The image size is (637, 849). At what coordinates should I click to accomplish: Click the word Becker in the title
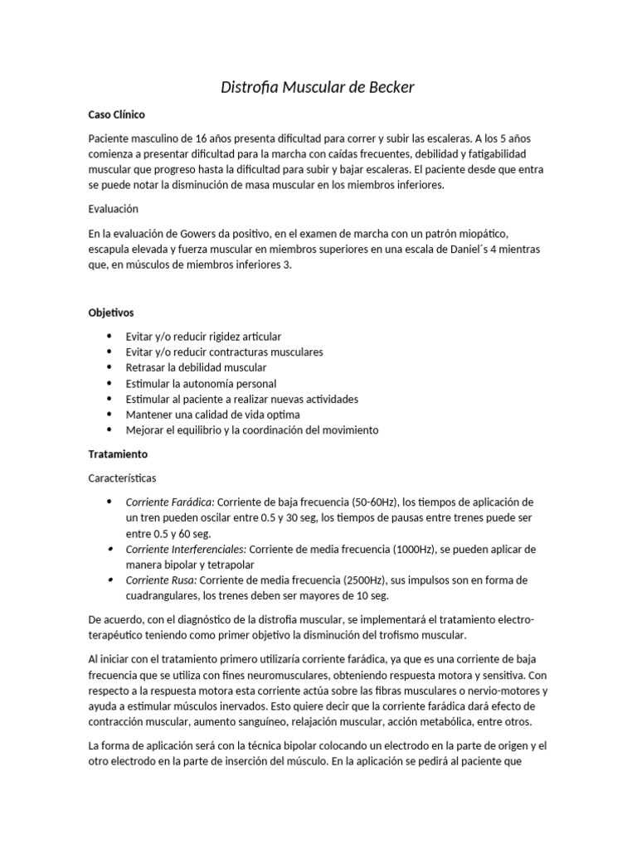click(384, 86)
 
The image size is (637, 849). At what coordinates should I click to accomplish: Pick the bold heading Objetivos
click(111, 313)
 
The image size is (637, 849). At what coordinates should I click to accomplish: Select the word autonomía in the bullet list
click(203, 383)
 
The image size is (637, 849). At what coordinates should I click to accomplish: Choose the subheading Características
click(122, 478)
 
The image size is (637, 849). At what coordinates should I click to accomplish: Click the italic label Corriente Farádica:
click(170, 502)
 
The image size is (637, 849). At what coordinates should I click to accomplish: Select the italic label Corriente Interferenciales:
click(186, 549)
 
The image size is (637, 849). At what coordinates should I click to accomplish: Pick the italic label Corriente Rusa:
click(161, 580)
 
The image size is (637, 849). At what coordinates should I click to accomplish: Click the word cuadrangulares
click(168, 595)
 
